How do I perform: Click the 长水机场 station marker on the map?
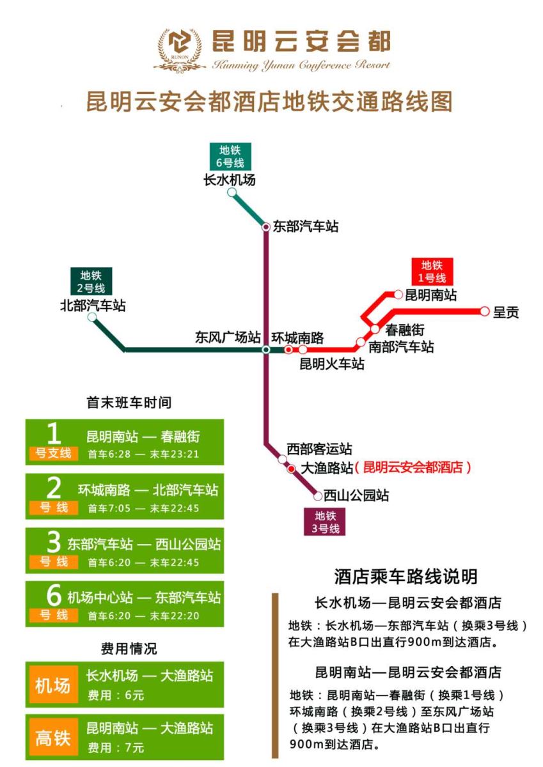(232, 192)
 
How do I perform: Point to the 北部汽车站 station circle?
(93, 317)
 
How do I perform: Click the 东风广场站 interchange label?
(228, 337)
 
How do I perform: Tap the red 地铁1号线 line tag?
(432, 271)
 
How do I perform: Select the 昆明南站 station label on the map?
(431, 295)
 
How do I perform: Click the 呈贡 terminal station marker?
(484, 311)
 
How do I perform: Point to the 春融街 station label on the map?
(405, 330)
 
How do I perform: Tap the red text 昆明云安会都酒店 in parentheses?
(416, 467)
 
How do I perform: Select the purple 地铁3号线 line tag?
(324, 522)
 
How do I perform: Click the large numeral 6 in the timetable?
(54, 596)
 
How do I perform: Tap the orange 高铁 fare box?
(52, 738)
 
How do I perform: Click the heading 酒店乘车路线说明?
(405, 577)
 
